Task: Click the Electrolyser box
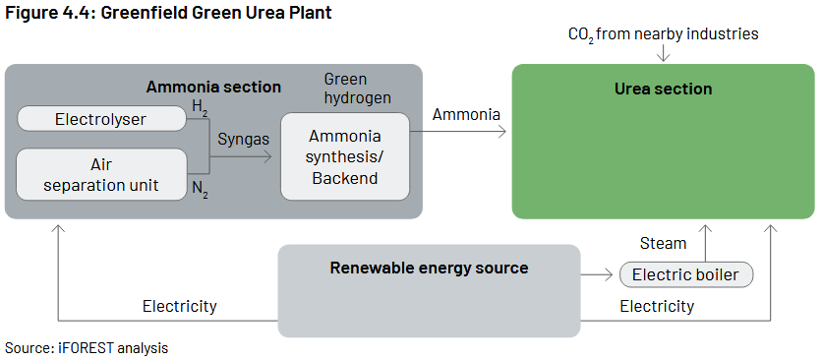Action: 101,119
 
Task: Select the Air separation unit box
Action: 101,174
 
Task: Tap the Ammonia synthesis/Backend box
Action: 345,156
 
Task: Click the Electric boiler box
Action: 685,274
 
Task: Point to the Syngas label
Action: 243,140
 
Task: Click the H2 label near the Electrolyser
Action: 200,107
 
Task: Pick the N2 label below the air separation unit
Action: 200,190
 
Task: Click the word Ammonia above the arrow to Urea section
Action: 466,115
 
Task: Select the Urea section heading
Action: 663,89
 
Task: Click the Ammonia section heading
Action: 213,87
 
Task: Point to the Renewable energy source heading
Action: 429,269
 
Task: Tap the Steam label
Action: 663,244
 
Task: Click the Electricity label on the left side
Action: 179,306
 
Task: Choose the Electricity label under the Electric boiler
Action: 657,306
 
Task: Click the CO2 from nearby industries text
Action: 663,34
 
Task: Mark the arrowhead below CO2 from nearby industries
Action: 663,58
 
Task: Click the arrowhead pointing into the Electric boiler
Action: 609,274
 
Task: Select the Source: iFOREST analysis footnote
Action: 87,347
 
